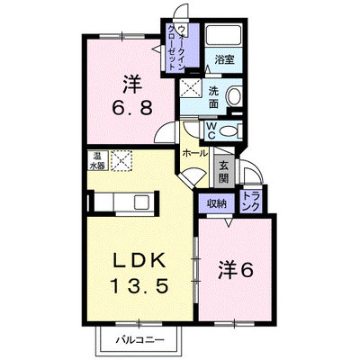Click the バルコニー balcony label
pos(140,340)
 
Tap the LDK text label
pos(139,261)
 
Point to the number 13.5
pos(139,285)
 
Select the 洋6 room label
pos(236,269)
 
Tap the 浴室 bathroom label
pos(224,60)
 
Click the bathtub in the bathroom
pos(223,34)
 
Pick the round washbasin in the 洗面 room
pos(234,95)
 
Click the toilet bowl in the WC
pos(228,131)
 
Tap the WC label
pos(211,130)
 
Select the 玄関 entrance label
pos(224,172)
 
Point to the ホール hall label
pos(195,153)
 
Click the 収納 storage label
pos(217,204)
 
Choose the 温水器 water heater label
pos(97,160)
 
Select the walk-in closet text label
pos(177,48)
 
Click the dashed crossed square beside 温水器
pos(121,160)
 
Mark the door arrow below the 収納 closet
pos(229,222)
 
